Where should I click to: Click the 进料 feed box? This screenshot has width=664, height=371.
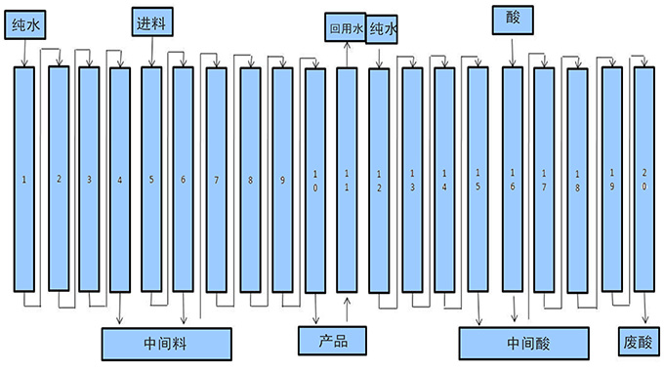click(x=151, y=20)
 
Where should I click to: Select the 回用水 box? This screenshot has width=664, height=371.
click(x=346, y=30)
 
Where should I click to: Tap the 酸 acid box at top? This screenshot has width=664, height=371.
click(x=513, y=18)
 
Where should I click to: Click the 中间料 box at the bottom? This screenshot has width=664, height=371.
click(x=167, y=343)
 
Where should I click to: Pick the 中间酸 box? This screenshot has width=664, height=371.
click(x=525, y=343)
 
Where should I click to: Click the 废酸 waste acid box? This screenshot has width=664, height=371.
click(x=641, y=343)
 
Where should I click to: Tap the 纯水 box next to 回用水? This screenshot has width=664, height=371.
click(x=384, y=30)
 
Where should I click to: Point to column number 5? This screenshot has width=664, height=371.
click(x=151, y=180)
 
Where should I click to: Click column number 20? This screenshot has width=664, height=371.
click(x=643, y=181)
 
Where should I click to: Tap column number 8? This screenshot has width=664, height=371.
click(x=250, y=181)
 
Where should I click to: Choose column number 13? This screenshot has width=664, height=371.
click(x=412, y=181)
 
